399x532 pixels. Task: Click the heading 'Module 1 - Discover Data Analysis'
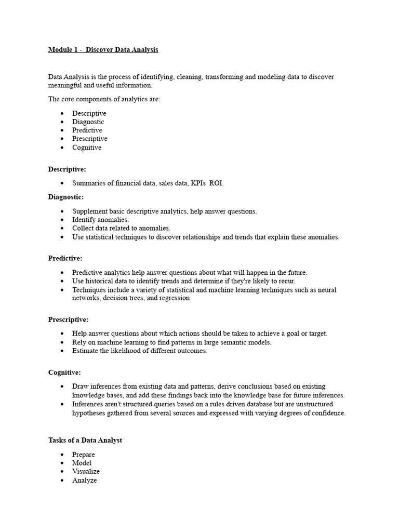pyautogui.click(x=103, y=50)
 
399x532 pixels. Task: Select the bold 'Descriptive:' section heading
pyautogui.click(x=67, y=169)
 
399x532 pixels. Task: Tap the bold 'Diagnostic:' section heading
pyautogui.click(x=66, y=197)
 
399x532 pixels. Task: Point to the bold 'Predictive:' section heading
pyautogui.click(x=65, y=258)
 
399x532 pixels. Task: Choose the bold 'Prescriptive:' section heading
pyautogui.click(x=68, y=319)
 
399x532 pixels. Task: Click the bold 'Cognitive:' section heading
pyautogui.click(x=64, y=373)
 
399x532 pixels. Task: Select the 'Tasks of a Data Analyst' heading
pyautogui.click(x=85, y=440)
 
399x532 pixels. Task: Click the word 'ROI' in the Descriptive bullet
pyautogui.click(x=216, y=183)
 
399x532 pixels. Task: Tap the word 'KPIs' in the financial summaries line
pyautogui.click(x=198, y=183)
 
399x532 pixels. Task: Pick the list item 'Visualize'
pyautogui.click(x=86, y=472)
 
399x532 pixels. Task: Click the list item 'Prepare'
pyautogui.click(x=84, y=455)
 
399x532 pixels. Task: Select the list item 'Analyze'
pyautogui.click(x=84, y=481)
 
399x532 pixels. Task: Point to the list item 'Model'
pyautogui.click(x=82, y=463)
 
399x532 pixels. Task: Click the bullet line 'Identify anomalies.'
pyautogui.click(x=101, y=220)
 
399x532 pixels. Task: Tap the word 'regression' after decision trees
pyautogui.click(x=176, y=298)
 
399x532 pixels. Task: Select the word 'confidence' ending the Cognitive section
pyautogui.click(x=328, y=413)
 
